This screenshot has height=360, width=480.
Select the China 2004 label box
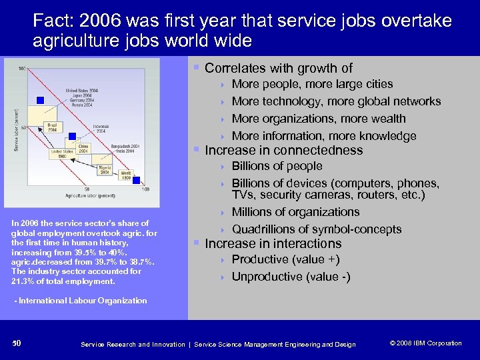(x=84, y=148)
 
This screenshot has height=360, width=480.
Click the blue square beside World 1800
(x=136, y=180)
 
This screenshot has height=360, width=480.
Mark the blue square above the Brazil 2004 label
(x=40, y=100)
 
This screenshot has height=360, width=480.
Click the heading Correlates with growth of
(x=279, y=68)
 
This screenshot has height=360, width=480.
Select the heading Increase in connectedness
(x=283, y=150)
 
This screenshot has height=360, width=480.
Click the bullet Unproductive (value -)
(x=291, y=277)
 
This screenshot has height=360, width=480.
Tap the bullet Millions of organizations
(x=295, y=212)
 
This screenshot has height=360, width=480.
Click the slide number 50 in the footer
(x=17, y=343)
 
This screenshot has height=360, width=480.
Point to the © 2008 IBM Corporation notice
(x=425, y=343)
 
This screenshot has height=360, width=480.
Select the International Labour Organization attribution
(x=81, y=301)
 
